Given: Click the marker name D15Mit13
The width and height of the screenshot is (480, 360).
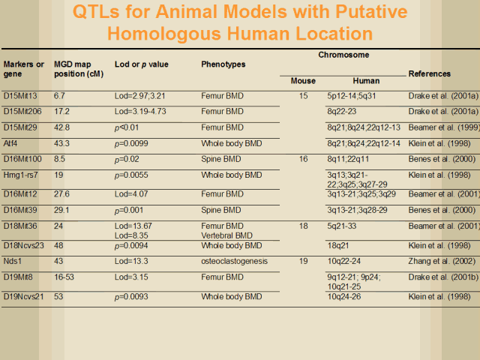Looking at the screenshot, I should pos(21,96).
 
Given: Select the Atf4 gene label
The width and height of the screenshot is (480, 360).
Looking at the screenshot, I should pos(11,143).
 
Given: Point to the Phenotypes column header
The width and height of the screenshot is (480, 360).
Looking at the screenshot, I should pos(223,64).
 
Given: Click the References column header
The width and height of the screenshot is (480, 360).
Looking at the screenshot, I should pos(429,74).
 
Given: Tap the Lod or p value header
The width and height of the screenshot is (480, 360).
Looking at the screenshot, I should pos(142,64).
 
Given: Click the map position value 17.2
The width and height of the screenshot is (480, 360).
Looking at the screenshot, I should pos(61,112).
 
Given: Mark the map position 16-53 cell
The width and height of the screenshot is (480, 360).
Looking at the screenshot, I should pos(64,277).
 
